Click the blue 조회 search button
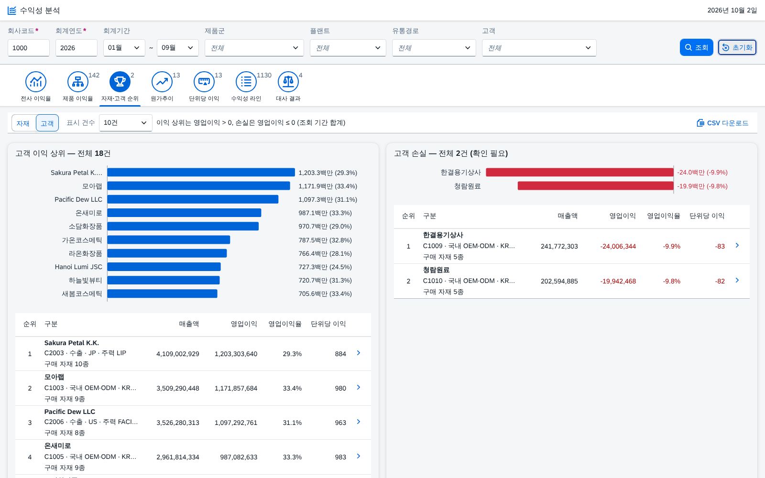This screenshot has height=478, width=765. point(696,47)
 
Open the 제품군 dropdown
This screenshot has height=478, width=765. point(254,48)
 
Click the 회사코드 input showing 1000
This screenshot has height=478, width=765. point(28,48)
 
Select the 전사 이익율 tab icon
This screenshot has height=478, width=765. point(35,82)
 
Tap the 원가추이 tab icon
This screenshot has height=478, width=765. point(162,82)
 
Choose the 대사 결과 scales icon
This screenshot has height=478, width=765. point(288,82)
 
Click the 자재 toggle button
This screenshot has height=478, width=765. point(23,123)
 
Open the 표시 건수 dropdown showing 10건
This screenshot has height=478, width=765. point(125,122)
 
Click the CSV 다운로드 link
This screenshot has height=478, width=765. point(722,123)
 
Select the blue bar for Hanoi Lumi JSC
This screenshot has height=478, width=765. point(164,267)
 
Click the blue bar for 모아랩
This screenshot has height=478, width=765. point(198,186)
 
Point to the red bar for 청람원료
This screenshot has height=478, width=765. point(596,186)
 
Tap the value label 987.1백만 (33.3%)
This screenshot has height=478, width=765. point(325,213)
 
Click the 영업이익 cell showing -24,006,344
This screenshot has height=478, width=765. point(618,246)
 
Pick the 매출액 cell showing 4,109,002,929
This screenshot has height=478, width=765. point(177,354)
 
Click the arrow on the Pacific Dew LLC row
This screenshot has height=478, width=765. point(358,422)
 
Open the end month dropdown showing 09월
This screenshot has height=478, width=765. point(177,48)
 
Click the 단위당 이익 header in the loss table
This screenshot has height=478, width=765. point(707,216)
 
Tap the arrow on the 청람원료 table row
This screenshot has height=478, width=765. point(737,280)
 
